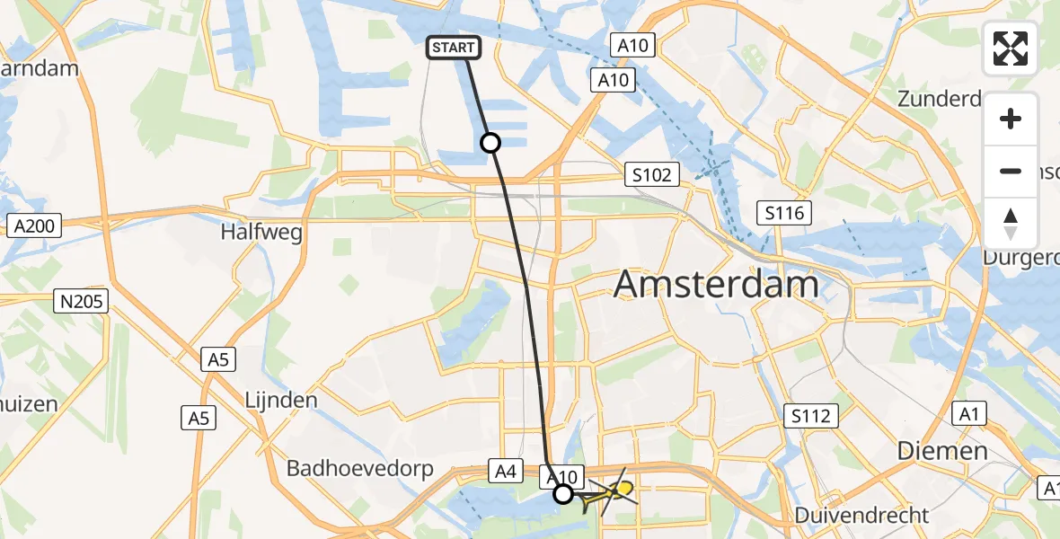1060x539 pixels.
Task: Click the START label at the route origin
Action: click(454, 48)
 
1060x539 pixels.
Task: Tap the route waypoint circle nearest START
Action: click(490, 142)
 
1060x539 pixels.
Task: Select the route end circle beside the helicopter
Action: click(563, 493)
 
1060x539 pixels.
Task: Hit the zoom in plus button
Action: click(1011, 119)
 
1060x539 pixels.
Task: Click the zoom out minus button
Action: click(1011, 171)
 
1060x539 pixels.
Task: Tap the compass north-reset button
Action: click(1011, 223)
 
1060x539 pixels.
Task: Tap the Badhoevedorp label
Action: click(359, 468)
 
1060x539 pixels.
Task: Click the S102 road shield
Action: click(651, 174)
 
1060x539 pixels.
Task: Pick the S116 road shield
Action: click(784, 213)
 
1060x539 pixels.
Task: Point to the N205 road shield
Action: click(81, 303)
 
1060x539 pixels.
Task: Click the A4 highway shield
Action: click(505, 469)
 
